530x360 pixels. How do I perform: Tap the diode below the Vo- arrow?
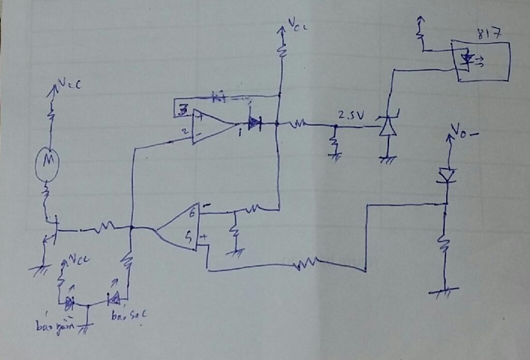click(x=446, y=175)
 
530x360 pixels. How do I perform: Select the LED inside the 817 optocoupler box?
click(x=467, y=60)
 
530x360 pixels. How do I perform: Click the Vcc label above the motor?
click(x=69, y=84)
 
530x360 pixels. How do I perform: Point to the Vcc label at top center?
click(x=298, y=25)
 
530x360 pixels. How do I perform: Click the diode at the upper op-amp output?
click(x=254, y=123)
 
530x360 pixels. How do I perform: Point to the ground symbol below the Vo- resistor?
click(x=444, y=293)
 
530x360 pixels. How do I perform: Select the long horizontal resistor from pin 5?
click(x=304, y=266)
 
